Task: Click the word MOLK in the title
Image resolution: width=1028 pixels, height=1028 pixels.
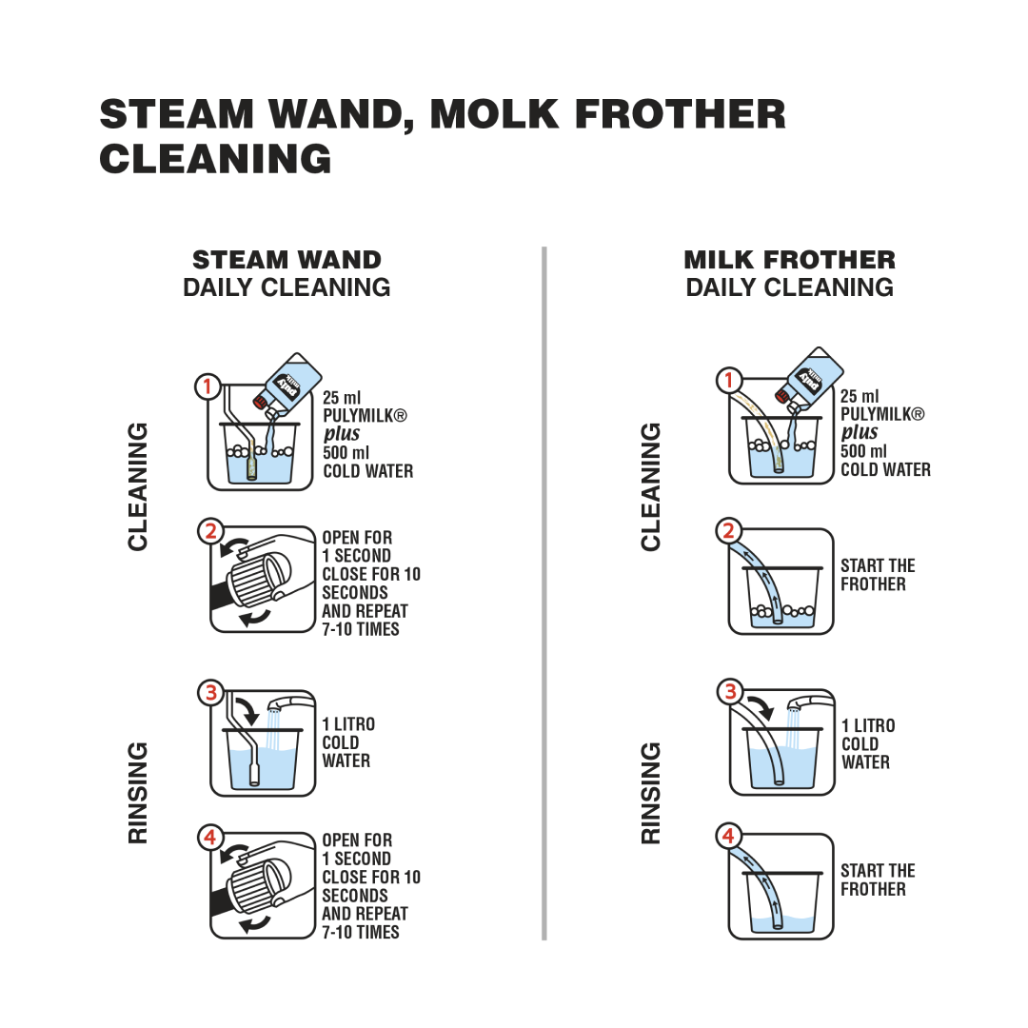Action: (494, 114)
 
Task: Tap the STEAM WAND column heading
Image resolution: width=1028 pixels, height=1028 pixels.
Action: (287, 260)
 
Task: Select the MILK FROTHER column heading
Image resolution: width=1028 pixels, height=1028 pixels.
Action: (789, 260)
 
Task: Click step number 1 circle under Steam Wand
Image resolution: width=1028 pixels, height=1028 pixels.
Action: (208, 386)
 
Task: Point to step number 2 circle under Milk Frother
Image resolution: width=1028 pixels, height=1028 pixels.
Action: (728, 530)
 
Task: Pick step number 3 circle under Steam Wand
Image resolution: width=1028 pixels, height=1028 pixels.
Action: (211, 692)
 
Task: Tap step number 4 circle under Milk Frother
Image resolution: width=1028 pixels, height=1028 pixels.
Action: (728, 836)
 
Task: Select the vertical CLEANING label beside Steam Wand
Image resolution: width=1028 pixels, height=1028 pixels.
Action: (138, 486)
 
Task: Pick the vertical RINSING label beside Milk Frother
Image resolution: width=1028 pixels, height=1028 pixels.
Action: (650, 793)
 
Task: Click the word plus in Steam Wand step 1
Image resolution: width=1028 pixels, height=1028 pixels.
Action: (342, 434)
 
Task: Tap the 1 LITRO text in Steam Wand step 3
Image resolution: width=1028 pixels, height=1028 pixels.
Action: (348, 724)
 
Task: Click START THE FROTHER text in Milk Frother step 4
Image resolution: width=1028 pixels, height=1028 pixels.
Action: (878, 880)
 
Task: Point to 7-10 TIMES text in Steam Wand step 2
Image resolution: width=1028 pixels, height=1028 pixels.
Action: (361, 629)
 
